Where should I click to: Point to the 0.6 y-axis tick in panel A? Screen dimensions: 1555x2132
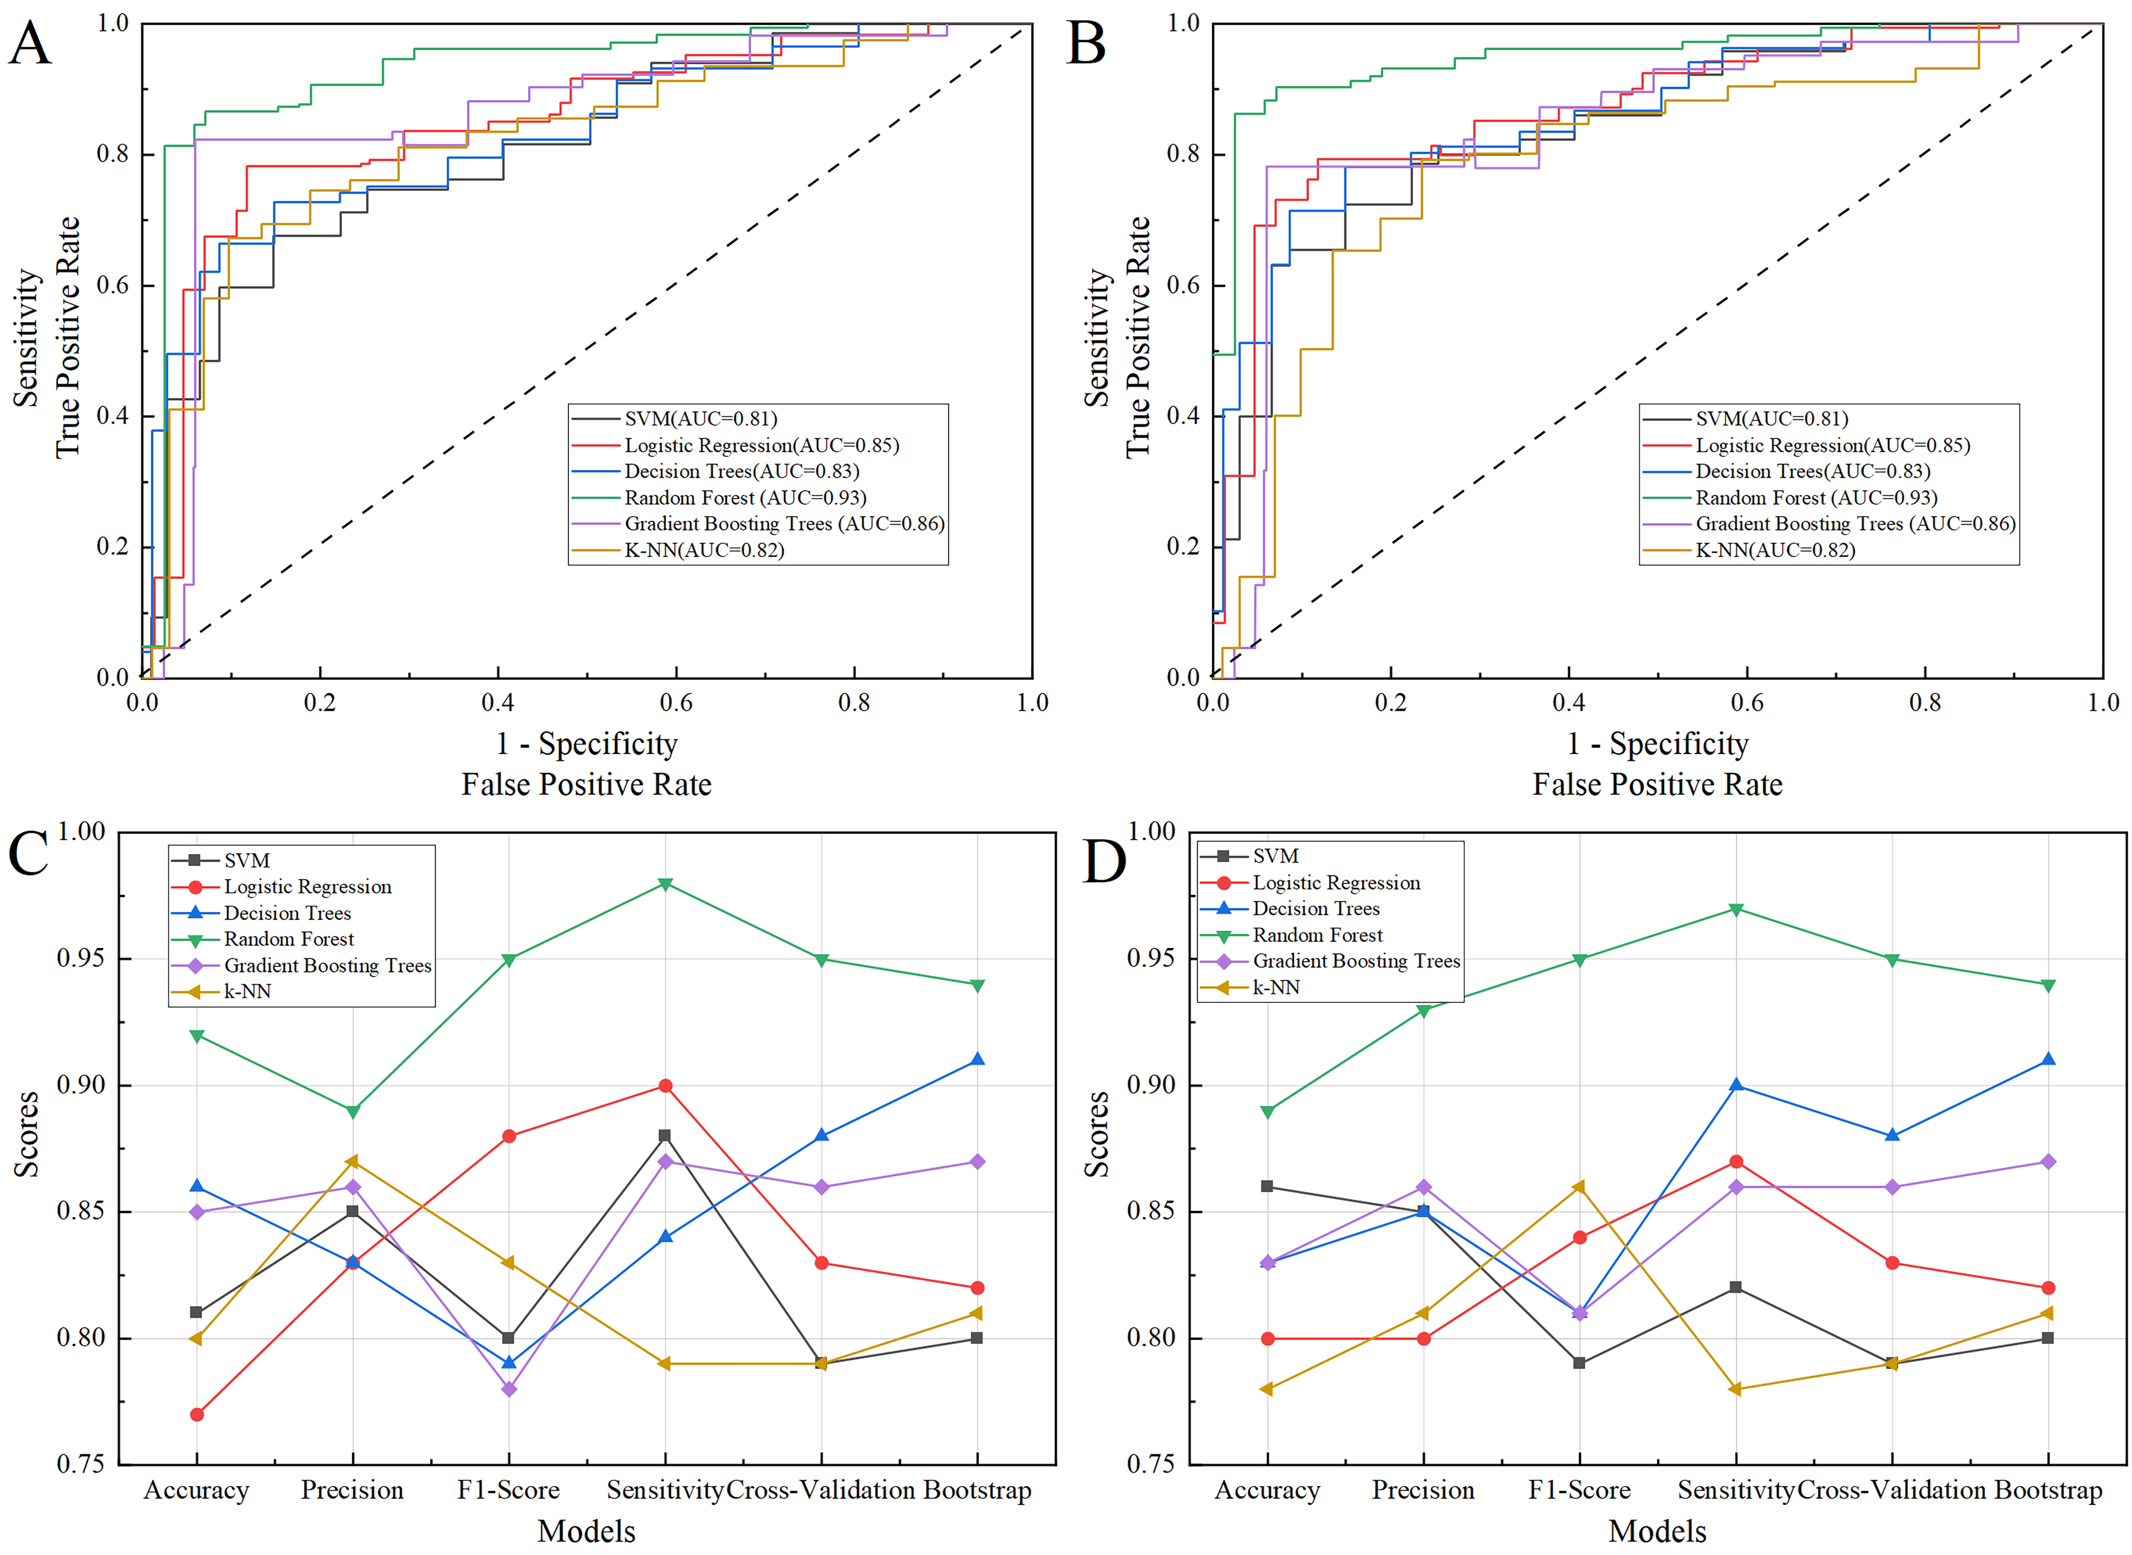[x=113, y=285]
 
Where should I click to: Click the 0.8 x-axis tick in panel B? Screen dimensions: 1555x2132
[x=1925, y=702]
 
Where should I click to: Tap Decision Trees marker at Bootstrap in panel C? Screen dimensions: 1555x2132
[x=977, y=1060]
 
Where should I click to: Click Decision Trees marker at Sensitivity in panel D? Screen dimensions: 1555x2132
[x=1736, y=1085]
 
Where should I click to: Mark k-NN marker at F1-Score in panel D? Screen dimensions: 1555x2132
[x=1579, y=1187]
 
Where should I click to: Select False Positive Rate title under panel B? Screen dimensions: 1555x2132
[x=1657, y=785]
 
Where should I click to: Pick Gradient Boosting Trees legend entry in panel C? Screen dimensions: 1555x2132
[x=327, y=966]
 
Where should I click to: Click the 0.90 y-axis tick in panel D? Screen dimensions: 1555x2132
[x=1150, y=1085]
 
